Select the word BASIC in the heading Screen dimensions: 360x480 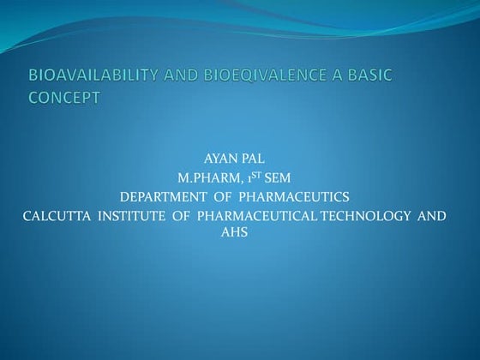(367, 76)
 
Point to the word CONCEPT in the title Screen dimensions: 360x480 (64, 97)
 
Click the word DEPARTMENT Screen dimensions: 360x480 (164, 198)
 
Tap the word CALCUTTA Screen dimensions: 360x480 (52, 216)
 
